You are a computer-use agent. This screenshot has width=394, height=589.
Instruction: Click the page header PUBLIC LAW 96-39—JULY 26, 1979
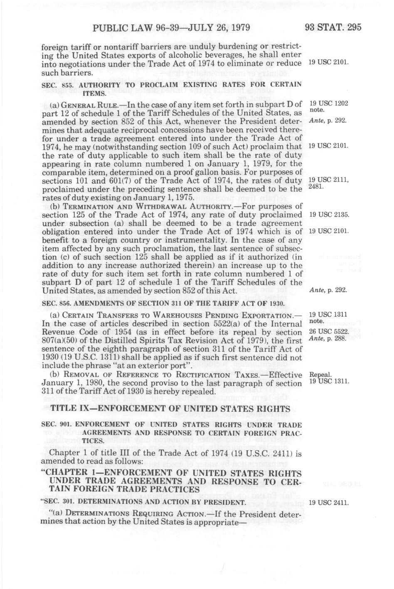pyautogui.click(x=171, y=28)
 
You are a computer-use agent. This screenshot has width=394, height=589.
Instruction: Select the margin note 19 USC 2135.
pyautogui.click(x=328, y=215)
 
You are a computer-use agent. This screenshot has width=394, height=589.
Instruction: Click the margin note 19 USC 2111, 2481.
pyautogui.click(x=328, y=183)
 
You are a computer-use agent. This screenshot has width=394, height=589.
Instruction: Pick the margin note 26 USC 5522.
pyautogui.click(x=328, y=331)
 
